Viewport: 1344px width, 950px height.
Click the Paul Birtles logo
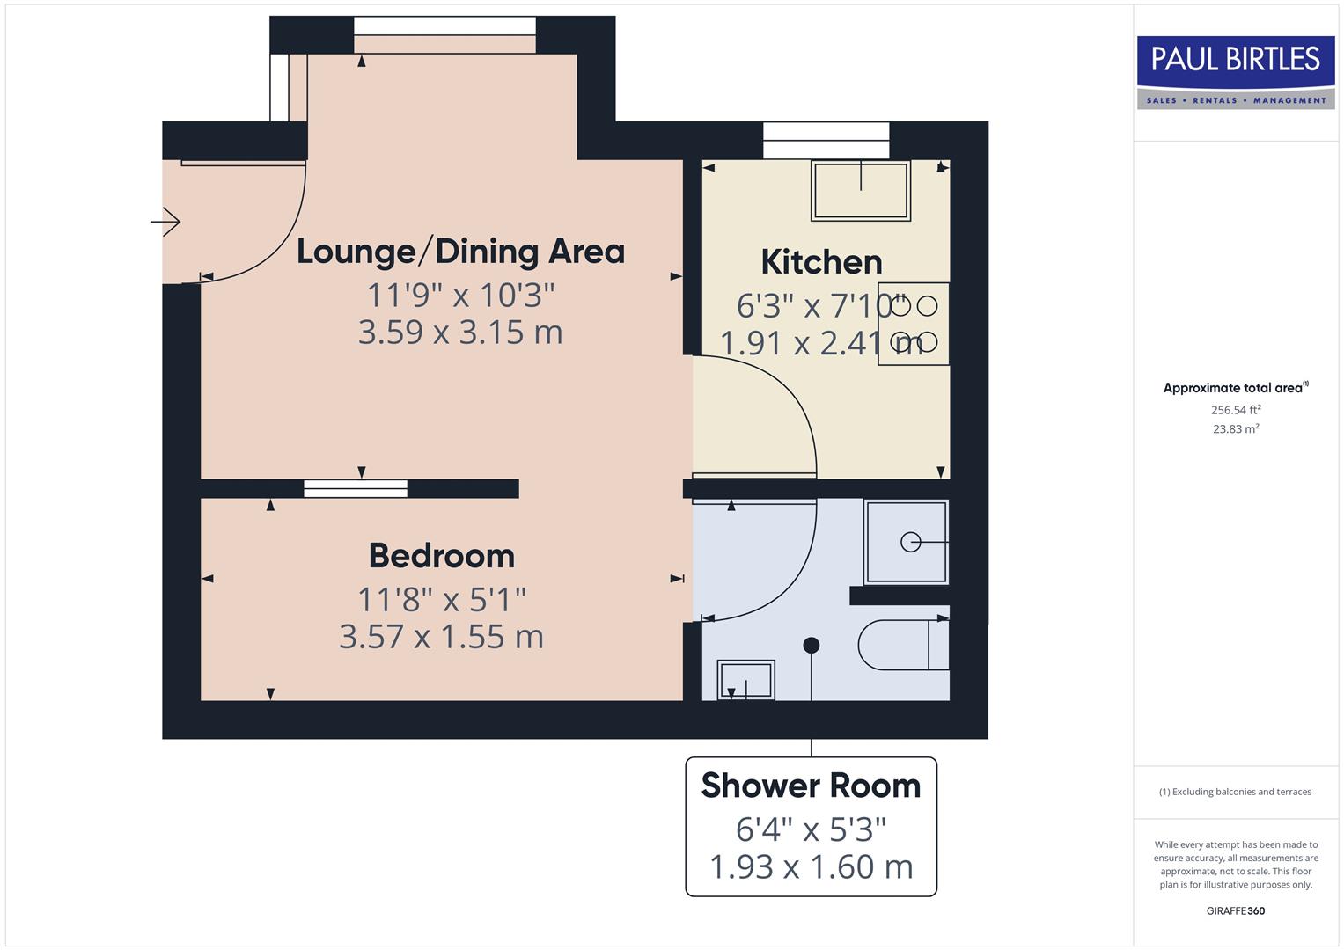coord(1236,71)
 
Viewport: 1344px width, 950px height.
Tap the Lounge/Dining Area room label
coord(460,252)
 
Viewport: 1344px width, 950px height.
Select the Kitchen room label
coord(821,262)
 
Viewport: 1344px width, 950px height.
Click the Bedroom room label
coord(442,556)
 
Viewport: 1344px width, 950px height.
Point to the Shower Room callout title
coord(811,786)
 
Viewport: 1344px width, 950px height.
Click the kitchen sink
coord(861,191)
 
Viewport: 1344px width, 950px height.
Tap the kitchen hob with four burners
coord(914,324)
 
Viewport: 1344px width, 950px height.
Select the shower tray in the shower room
coord(907,542)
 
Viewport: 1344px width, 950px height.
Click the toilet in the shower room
coord(902,645)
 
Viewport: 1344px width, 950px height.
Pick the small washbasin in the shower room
coord(746,679)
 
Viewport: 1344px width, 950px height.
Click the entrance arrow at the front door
coord(165,222)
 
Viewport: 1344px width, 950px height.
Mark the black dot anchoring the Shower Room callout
coord(812,646)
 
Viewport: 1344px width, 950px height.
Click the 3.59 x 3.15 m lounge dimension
coord(460,332)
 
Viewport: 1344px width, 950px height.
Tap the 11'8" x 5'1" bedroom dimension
coord(442,600)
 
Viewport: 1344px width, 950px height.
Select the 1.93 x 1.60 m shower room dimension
coord(811,866)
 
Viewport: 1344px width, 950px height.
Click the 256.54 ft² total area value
coord(1236,410)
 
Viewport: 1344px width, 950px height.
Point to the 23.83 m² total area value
coord(1236,429)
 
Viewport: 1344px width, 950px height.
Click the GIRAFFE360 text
coord(1236,910)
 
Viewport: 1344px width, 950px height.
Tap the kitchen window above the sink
coord(826,140)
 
